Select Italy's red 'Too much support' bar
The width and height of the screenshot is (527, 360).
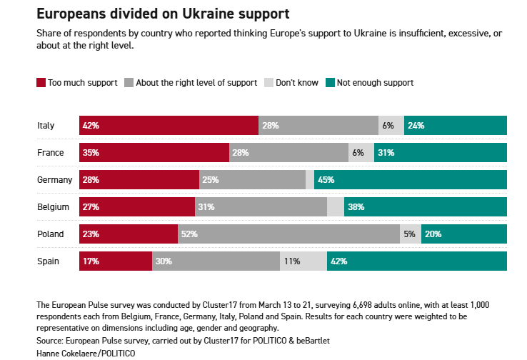click(169, 126)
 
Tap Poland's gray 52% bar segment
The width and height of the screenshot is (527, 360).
click(288, 234)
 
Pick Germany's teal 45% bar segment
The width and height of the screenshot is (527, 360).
click(410, 180)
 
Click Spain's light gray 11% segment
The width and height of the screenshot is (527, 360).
click(303, 261)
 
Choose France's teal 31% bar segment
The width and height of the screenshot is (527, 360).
click(440, 153)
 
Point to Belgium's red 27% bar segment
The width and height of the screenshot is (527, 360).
click(137, 207)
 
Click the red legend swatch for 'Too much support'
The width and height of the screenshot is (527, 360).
click(41, 83)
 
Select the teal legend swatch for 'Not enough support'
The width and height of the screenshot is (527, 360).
click(330, 83)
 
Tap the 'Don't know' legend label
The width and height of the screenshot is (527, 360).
click(296, 83)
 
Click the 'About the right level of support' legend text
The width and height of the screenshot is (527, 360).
click(196, 83)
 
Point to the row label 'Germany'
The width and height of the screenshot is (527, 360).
click(54, 180)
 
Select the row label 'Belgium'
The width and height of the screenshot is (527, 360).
click(54, 207)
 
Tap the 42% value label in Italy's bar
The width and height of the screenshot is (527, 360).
click(91, 126)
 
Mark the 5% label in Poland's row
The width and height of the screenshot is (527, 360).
click(409, 234)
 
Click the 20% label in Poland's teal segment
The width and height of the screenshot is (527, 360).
click(433, 234)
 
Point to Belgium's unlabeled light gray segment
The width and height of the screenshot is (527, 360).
click(336, 207)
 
